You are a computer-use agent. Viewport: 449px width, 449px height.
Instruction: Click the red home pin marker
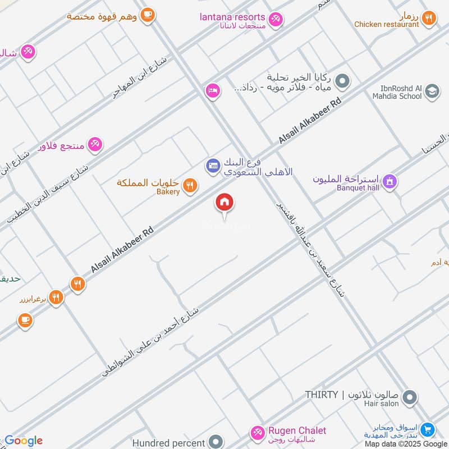click(x=224, y=203)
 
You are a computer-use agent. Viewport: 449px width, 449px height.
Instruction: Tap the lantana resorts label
click(x=232, y=16)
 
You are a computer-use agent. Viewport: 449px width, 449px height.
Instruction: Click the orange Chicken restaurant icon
click(x=429, y=19)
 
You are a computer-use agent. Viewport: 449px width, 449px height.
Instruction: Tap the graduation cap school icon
click(x=432, y=91)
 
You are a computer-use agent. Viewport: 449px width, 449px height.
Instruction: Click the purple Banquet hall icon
click(x=390, y=181)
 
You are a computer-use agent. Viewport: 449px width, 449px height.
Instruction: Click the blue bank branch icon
click(x=213, y=166)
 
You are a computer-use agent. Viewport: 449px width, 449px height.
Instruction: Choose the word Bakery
click(x=168, y=192)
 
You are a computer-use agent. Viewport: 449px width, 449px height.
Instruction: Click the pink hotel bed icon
click(x=212, y=90)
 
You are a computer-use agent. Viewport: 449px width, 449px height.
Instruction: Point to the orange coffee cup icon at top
click(x=147, y=15)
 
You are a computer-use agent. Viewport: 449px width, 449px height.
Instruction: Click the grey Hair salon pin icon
click(x=410, y=398)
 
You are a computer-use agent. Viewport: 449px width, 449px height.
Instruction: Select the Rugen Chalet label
click(x=298, y=430)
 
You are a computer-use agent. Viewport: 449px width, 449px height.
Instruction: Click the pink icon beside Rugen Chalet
click(x=258, y=433)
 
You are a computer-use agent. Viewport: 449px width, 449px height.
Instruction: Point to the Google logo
click(x=24, y=441)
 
